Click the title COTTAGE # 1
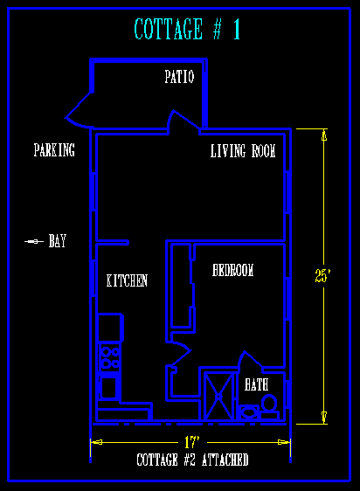(187, 29)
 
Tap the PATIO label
(179, 77)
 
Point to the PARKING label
(54, 149)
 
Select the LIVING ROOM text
(243, 150)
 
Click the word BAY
(58, 241)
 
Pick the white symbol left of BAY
(34, 241)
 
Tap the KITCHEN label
(127, 280)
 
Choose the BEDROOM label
(232, 270)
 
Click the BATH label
(256, 384)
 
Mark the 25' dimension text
(322, 275)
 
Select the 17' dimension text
(191, 442)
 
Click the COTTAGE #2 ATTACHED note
(192, 460)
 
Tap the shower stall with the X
(218, 396)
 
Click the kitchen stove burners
(109, 357)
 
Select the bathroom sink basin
(249, 411)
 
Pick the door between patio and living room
(185, 121)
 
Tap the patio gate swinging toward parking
(79, 111)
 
